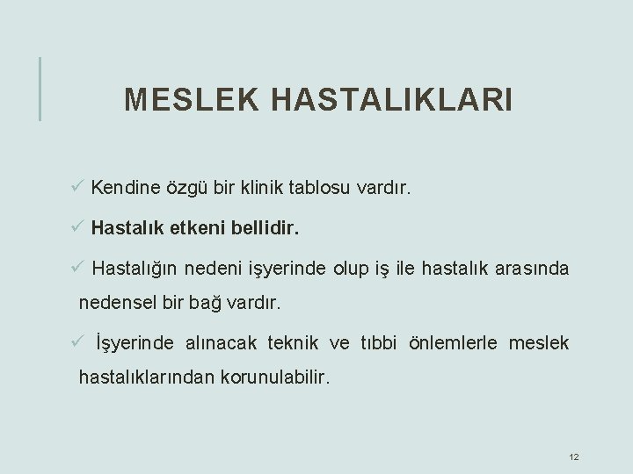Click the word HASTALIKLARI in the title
tap(391, 100)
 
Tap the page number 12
tap(574, 457)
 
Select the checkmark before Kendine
tap(77, 186)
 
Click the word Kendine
tap(125, 187)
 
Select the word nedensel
tap(116, 304)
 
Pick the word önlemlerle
tap(451, 343)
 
